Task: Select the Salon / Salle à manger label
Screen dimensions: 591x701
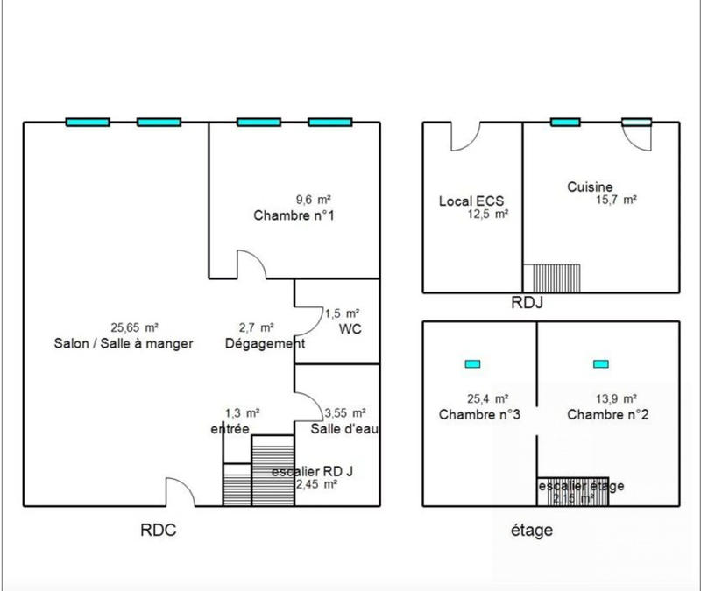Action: tap(123, 344)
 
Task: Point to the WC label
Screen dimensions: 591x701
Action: tap(350, 328)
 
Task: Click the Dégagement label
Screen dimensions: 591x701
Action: tap(265, 344)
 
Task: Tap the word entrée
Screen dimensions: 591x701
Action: tap(230, 428)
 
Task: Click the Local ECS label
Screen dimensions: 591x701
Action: tap(471, 201)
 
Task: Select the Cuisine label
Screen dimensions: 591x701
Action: tap(589, 186)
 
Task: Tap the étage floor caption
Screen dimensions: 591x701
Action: tap(531, 531)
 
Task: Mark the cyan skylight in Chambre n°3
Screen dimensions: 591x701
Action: tap(472, 363)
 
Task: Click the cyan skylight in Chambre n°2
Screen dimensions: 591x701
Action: tap(600, 363)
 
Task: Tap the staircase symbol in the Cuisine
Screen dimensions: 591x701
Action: tap(551, 277)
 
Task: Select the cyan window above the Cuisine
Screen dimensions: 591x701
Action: tap(565, 122)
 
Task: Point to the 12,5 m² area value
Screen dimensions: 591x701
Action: tap(488, 214)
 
